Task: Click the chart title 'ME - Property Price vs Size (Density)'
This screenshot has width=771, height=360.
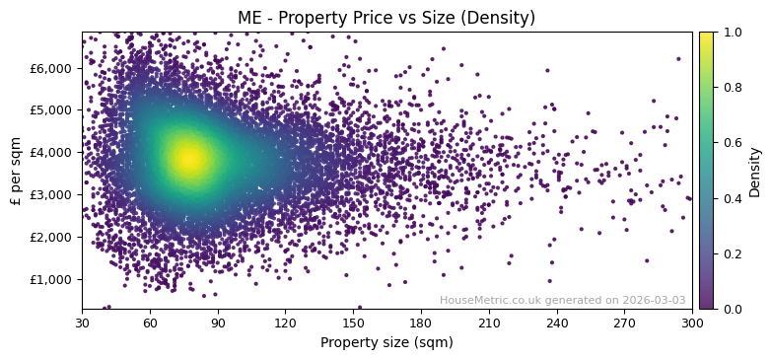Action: pyautogui.click(x=386, y=18)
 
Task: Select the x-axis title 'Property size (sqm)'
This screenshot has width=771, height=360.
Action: pyautogui.click(x=386, y=342)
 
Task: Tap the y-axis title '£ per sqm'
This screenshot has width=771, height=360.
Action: pyautogui.click(x=16, y=170)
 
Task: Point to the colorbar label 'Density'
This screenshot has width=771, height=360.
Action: pyautogui.click(x=755, y=171)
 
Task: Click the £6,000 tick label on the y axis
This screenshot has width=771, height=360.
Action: pyautogui.click(x=53, y=68)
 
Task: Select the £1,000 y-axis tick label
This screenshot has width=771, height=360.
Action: pyautogui.click(x=53, y=279)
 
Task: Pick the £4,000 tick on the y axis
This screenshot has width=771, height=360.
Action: pyautogui.click(x=53, y=153)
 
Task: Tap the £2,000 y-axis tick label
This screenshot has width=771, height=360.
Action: pyautogui.click(x=53, y=237)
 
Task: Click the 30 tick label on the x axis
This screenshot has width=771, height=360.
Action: pyautogui.click(x=82, y=322)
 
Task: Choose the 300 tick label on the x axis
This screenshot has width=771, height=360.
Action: pyautogui.click(x=692, y=322)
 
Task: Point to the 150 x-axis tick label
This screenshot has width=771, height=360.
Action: pyautogui.click(x=353, y=322)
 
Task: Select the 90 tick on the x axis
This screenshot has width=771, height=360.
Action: pyautogui.click(x=218, y=322)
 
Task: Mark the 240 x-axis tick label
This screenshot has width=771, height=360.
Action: pyautogui.click(x=557, y=322)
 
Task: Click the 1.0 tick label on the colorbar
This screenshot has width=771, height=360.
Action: pyautogui.click(x=732, y=32)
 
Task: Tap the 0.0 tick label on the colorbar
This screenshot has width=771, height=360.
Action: pyautogui.click(x=732, y=309)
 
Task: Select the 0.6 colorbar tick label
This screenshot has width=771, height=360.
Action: pyautogui.click(x=732, y=143)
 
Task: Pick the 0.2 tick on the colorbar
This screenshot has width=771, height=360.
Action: pyautogui.click(x=732, y=253)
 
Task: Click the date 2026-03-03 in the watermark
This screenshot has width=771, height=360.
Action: pyautogui.click(x=655, y=301)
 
